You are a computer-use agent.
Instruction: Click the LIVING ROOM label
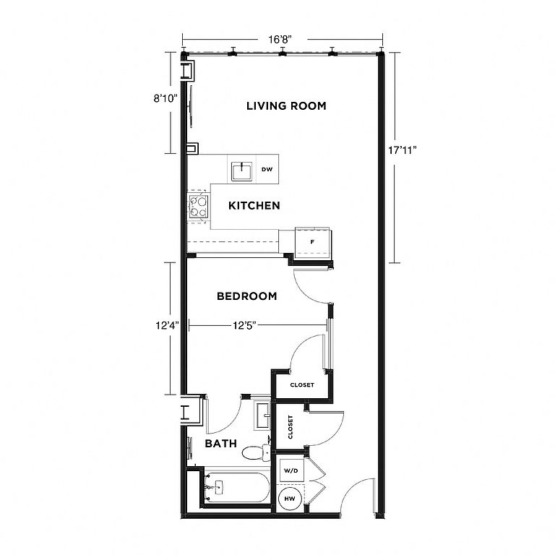coord(286,106)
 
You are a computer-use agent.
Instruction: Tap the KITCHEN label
coord(254,206)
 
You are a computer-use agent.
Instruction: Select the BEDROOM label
coord(246,296)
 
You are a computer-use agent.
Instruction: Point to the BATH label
coord(221,444)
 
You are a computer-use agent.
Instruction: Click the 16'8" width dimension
coord(280,39)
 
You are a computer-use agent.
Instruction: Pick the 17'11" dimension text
coord(403,150)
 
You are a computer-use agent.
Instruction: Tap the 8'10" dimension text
coord(165,98)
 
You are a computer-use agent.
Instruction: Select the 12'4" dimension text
coord(168,325)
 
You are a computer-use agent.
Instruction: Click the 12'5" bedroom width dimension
coord(244,325)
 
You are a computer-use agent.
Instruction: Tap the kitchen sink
coord(242,171)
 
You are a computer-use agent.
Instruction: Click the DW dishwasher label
coord(267,170)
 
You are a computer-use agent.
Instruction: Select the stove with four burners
coord(198,207)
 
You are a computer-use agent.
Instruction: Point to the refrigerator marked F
coord(313,242)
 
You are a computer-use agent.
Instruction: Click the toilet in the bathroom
coord(256,452)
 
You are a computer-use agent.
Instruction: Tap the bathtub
coord(237,487)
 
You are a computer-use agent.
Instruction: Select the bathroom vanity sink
coord(262,416)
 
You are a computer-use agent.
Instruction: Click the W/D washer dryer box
coord(291,470)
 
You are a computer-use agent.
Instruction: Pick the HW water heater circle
coord(290,499)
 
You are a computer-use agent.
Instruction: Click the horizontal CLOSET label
coord(302,384)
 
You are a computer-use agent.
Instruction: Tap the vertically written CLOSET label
coord(291,427)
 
